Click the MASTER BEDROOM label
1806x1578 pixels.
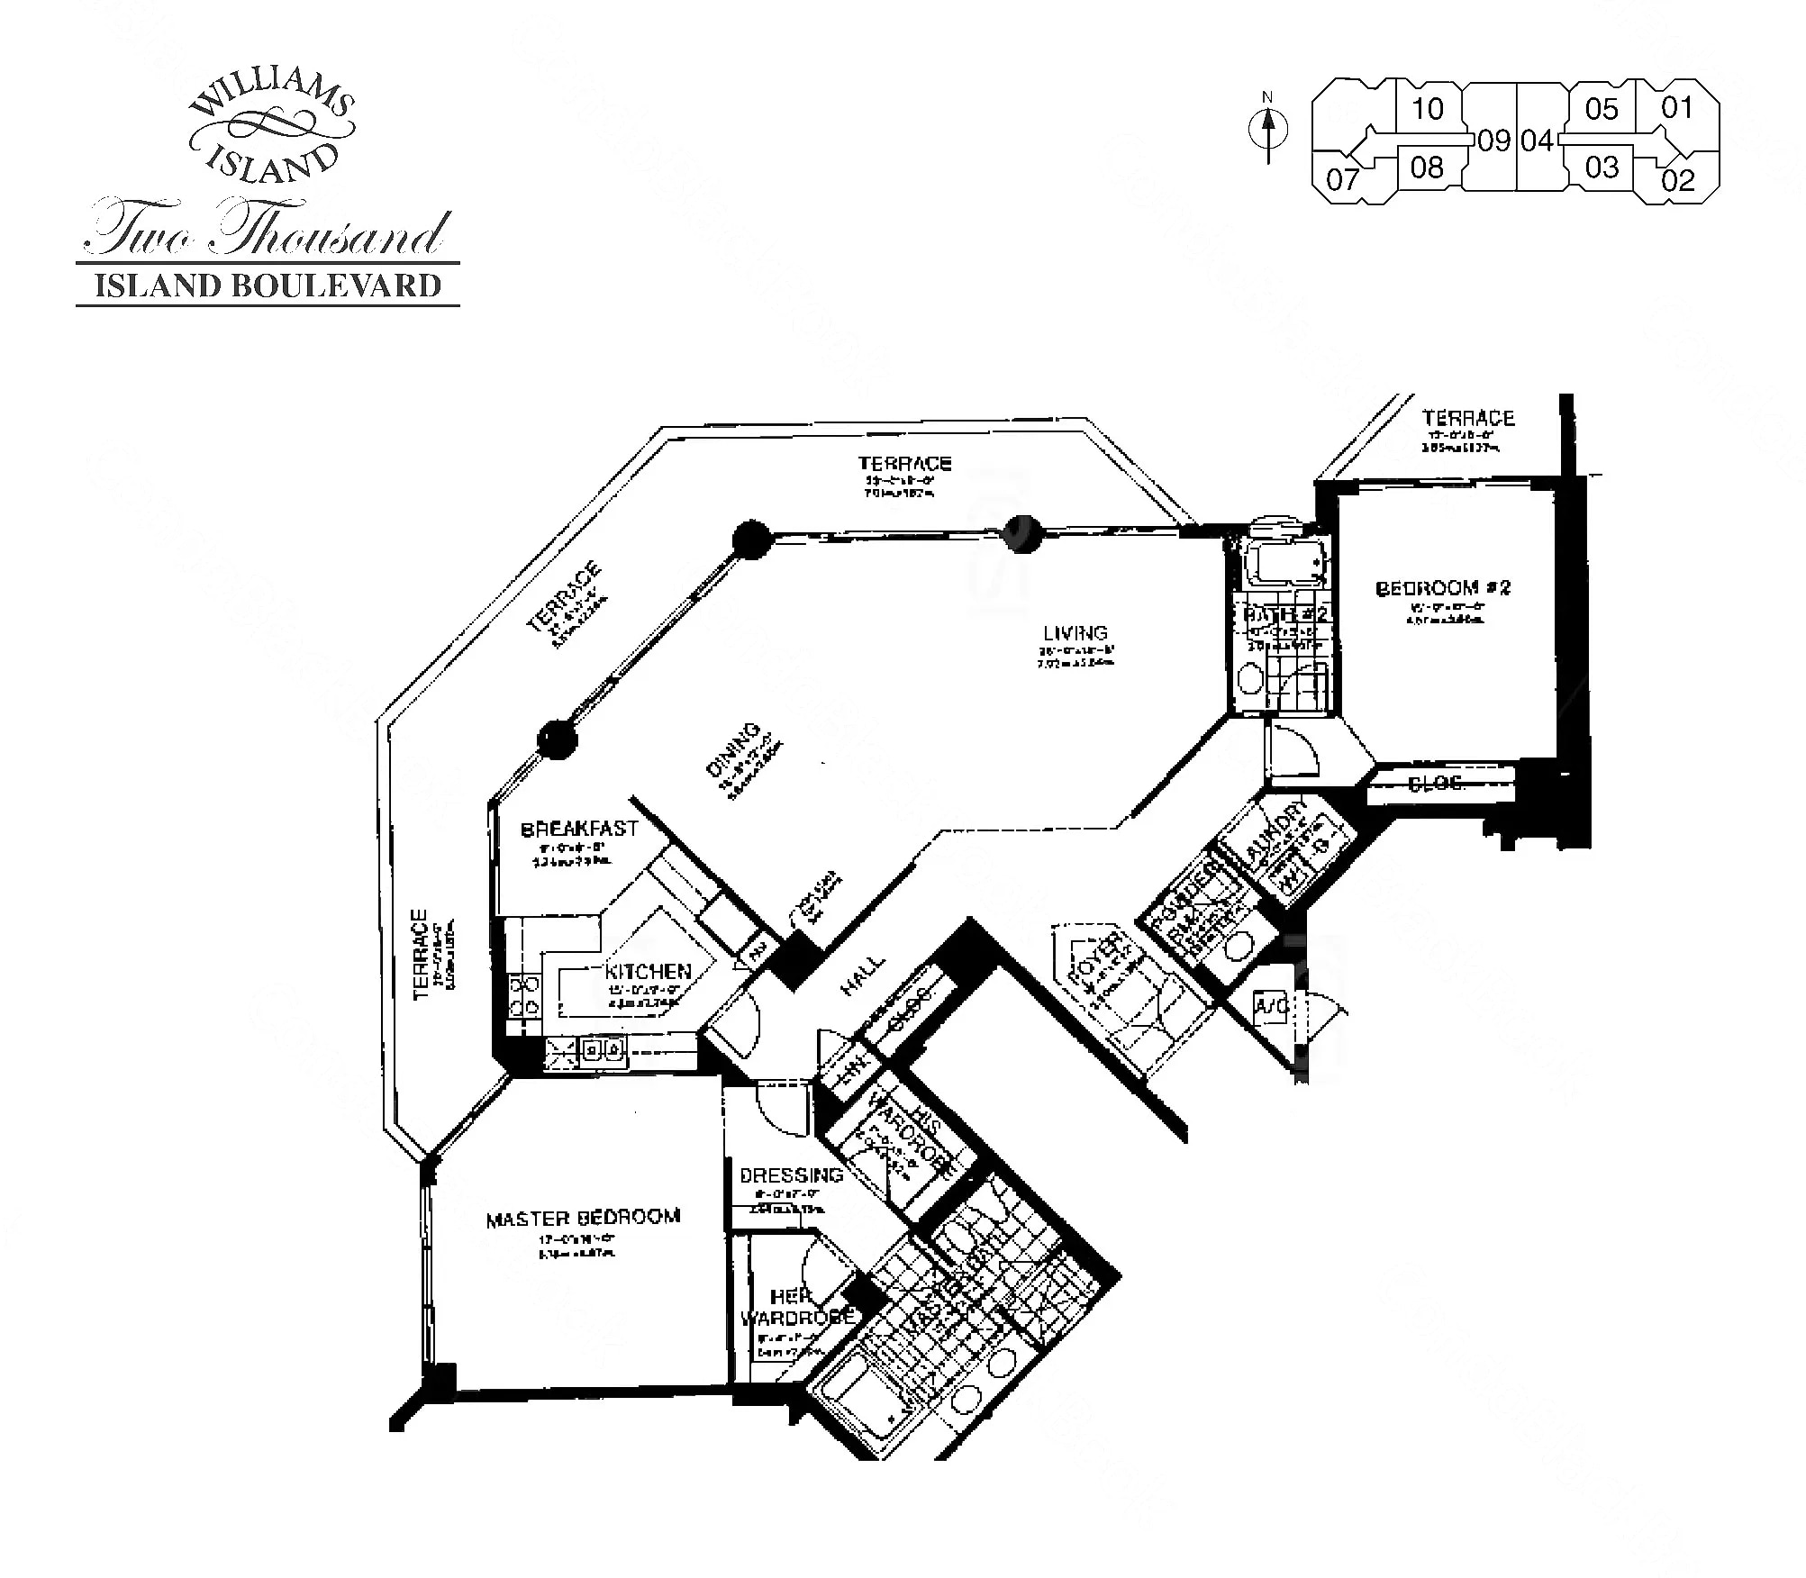tap(583, 1219)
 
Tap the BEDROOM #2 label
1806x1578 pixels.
tap(1442, 588)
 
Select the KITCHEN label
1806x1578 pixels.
tap(648, 972)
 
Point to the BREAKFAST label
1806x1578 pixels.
tap(579, 829)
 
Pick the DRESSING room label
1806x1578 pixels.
tap(791, 1175)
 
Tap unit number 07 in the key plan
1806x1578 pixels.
tap(1341, 179)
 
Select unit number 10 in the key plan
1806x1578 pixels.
tap(1427, 109)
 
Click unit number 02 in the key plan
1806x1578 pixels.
tap(1677, 180)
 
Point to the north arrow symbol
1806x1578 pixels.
tap(1268, 130)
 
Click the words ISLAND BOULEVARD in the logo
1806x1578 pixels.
tap(268, 286)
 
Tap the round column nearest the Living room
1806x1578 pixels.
tap(1022, 533)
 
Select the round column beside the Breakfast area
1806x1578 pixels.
tap(557, 740)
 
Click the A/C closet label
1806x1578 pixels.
tap(1270, 1005)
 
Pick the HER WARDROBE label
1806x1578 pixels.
tap(796, 1307)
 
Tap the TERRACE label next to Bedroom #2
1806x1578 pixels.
tap(1468, 418)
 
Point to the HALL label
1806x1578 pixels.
tap(862, 976)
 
